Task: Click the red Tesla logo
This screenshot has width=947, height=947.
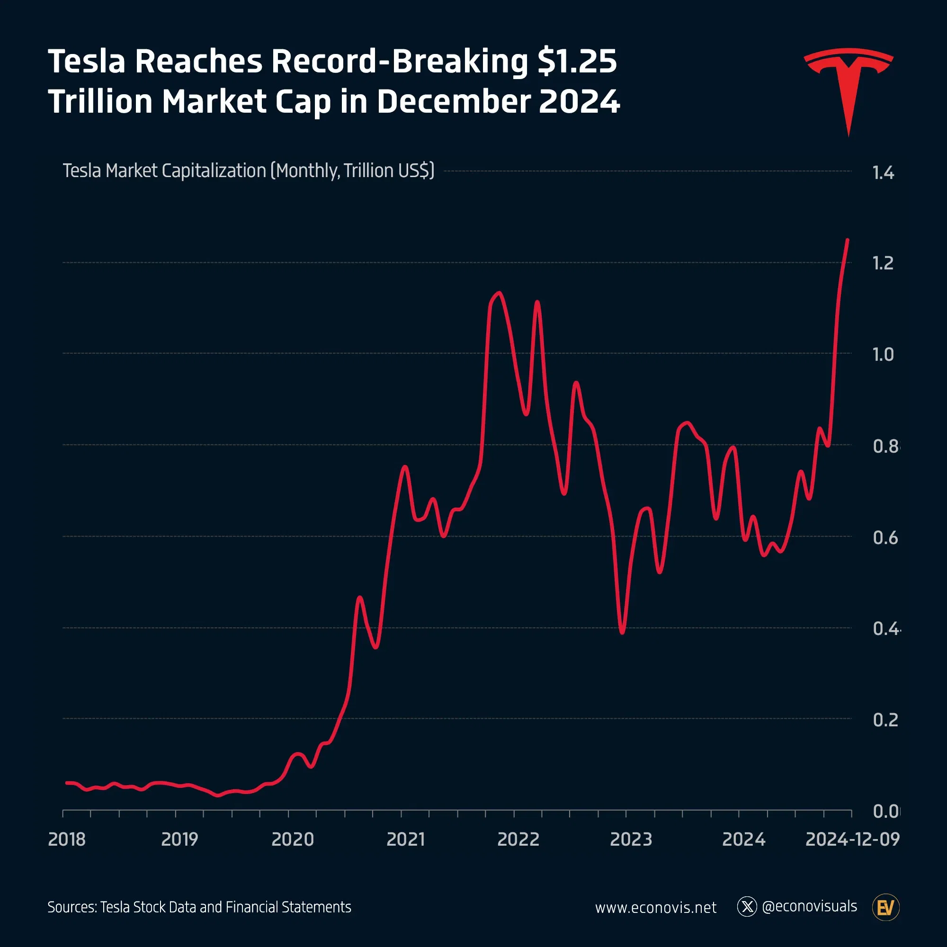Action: click(849, 83)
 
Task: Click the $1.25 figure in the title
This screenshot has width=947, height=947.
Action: click(577, 62)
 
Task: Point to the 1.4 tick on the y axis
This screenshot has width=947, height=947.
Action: click(883, 173)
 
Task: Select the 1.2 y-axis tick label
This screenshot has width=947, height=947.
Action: click(883, 263)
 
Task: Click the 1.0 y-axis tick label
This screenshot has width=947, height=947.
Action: click(883, 354)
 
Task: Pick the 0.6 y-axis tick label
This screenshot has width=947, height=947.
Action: click(885, 538)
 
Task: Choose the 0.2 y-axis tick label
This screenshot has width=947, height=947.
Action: click(885, 720)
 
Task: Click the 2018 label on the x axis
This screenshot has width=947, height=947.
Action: click(67, 840)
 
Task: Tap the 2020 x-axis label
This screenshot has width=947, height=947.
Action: click(293, 840)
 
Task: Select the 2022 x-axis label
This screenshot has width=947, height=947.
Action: click(518, 840)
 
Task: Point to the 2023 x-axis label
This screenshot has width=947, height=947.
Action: click(631, 840)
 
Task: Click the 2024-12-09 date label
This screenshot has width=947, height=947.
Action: click(852, 840)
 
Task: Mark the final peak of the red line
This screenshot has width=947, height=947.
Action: click(848, 240)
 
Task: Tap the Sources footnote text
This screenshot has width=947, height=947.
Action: click(199, 907)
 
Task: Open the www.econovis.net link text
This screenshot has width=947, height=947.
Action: click(655, 908)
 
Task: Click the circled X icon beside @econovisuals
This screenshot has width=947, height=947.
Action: click(747, 907)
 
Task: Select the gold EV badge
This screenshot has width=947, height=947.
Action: click(886, 908)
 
